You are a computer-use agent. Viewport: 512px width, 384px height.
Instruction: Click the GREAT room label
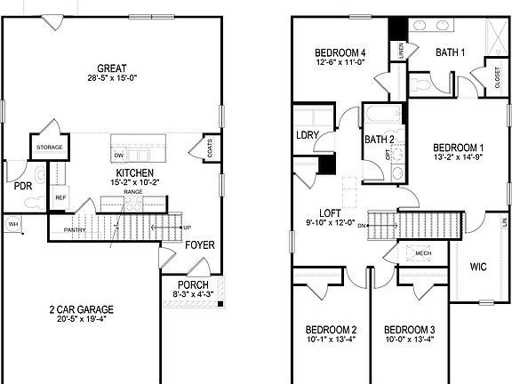[113, 68]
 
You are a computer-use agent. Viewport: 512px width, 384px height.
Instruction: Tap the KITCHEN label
[134, 172]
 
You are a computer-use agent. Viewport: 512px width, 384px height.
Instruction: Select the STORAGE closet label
[48, 148]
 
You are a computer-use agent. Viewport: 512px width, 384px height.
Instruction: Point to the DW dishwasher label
[118, 155]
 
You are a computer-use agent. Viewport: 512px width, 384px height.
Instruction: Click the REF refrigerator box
[60, 197]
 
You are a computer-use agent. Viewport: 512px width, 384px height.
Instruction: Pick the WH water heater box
[13, 224]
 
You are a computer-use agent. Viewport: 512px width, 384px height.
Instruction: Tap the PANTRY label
[74, 230]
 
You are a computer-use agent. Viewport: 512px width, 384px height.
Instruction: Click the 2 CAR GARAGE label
[80, 310]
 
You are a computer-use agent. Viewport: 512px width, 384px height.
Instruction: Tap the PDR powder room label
[22, 186]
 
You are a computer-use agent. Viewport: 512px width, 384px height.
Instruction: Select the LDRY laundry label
[308, 134]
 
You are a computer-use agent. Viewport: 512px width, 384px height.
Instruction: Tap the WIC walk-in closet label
[478, 266]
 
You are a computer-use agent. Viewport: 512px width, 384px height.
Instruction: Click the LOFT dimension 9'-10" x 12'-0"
[331, 223]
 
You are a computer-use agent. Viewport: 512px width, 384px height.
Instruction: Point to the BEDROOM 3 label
[410, 328]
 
